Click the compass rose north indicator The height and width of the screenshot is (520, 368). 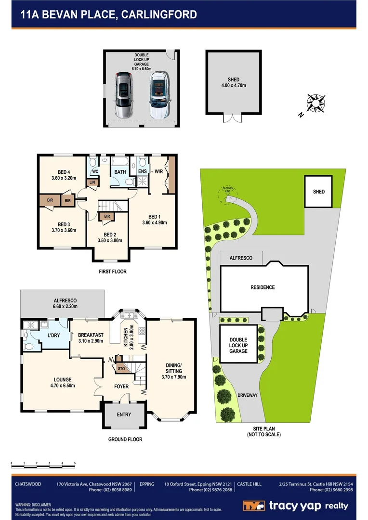pyautogui.click(x=315, y=103)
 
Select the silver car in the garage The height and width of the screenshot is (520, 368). pyautogui.click(x=124, y=95)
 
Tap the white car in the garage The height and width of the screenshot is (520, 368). pyautogui.click(x=158, y=95)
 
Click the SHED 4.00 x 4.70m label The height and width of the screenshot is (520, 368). pyautogui.click(x=233, y=82)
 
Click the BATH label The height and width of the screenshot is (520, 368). pyautogui.click(x=119, y=172)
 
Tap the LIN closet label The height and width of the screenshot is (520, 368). pyautogui.click(x=92, y=182)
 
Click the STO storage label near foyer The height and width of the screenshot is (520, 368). pyautogui.click(x=121, y=369)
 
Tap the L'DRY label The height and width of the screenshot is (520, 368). pyautogui.click(x=53, y=335)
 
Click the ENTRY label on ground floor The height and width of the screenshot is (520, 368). pyautogui.click(x=124, y=415)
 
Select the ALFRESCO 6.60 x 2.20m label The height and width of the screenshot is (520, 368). pyautogui.click(x=65, y=303)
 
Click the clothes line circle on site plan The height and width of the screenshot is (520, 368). pyautogui.click(x=226, y=192)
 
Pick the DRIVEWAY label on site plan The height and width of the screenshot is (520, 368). pyautogui.click(x=248, y=395)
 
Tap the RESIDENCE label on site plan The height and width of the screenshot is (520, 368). pyautogui.click(x=263, y=287)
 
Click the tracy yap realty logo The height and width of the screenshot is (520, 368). pyautogui.click(x=295, y=506)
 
